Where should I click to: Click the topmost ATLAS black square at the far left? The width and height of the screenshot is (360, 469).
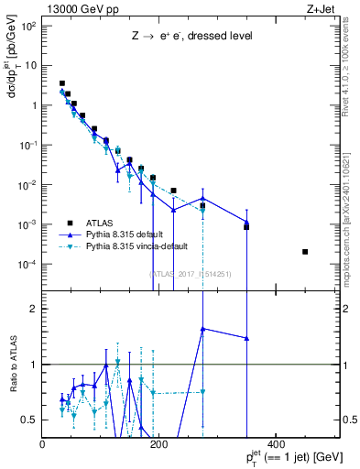click(x=62, y=83)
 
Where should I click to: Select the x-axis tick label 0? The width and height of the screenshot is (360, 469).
click(x=43, y=445)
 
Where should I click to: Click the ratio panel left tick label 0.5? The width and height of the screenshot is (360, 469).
click(x=29, y=420)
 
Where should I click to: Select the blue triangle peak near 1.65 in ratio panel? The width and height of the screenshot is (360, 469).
click(x=202, y=328)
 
